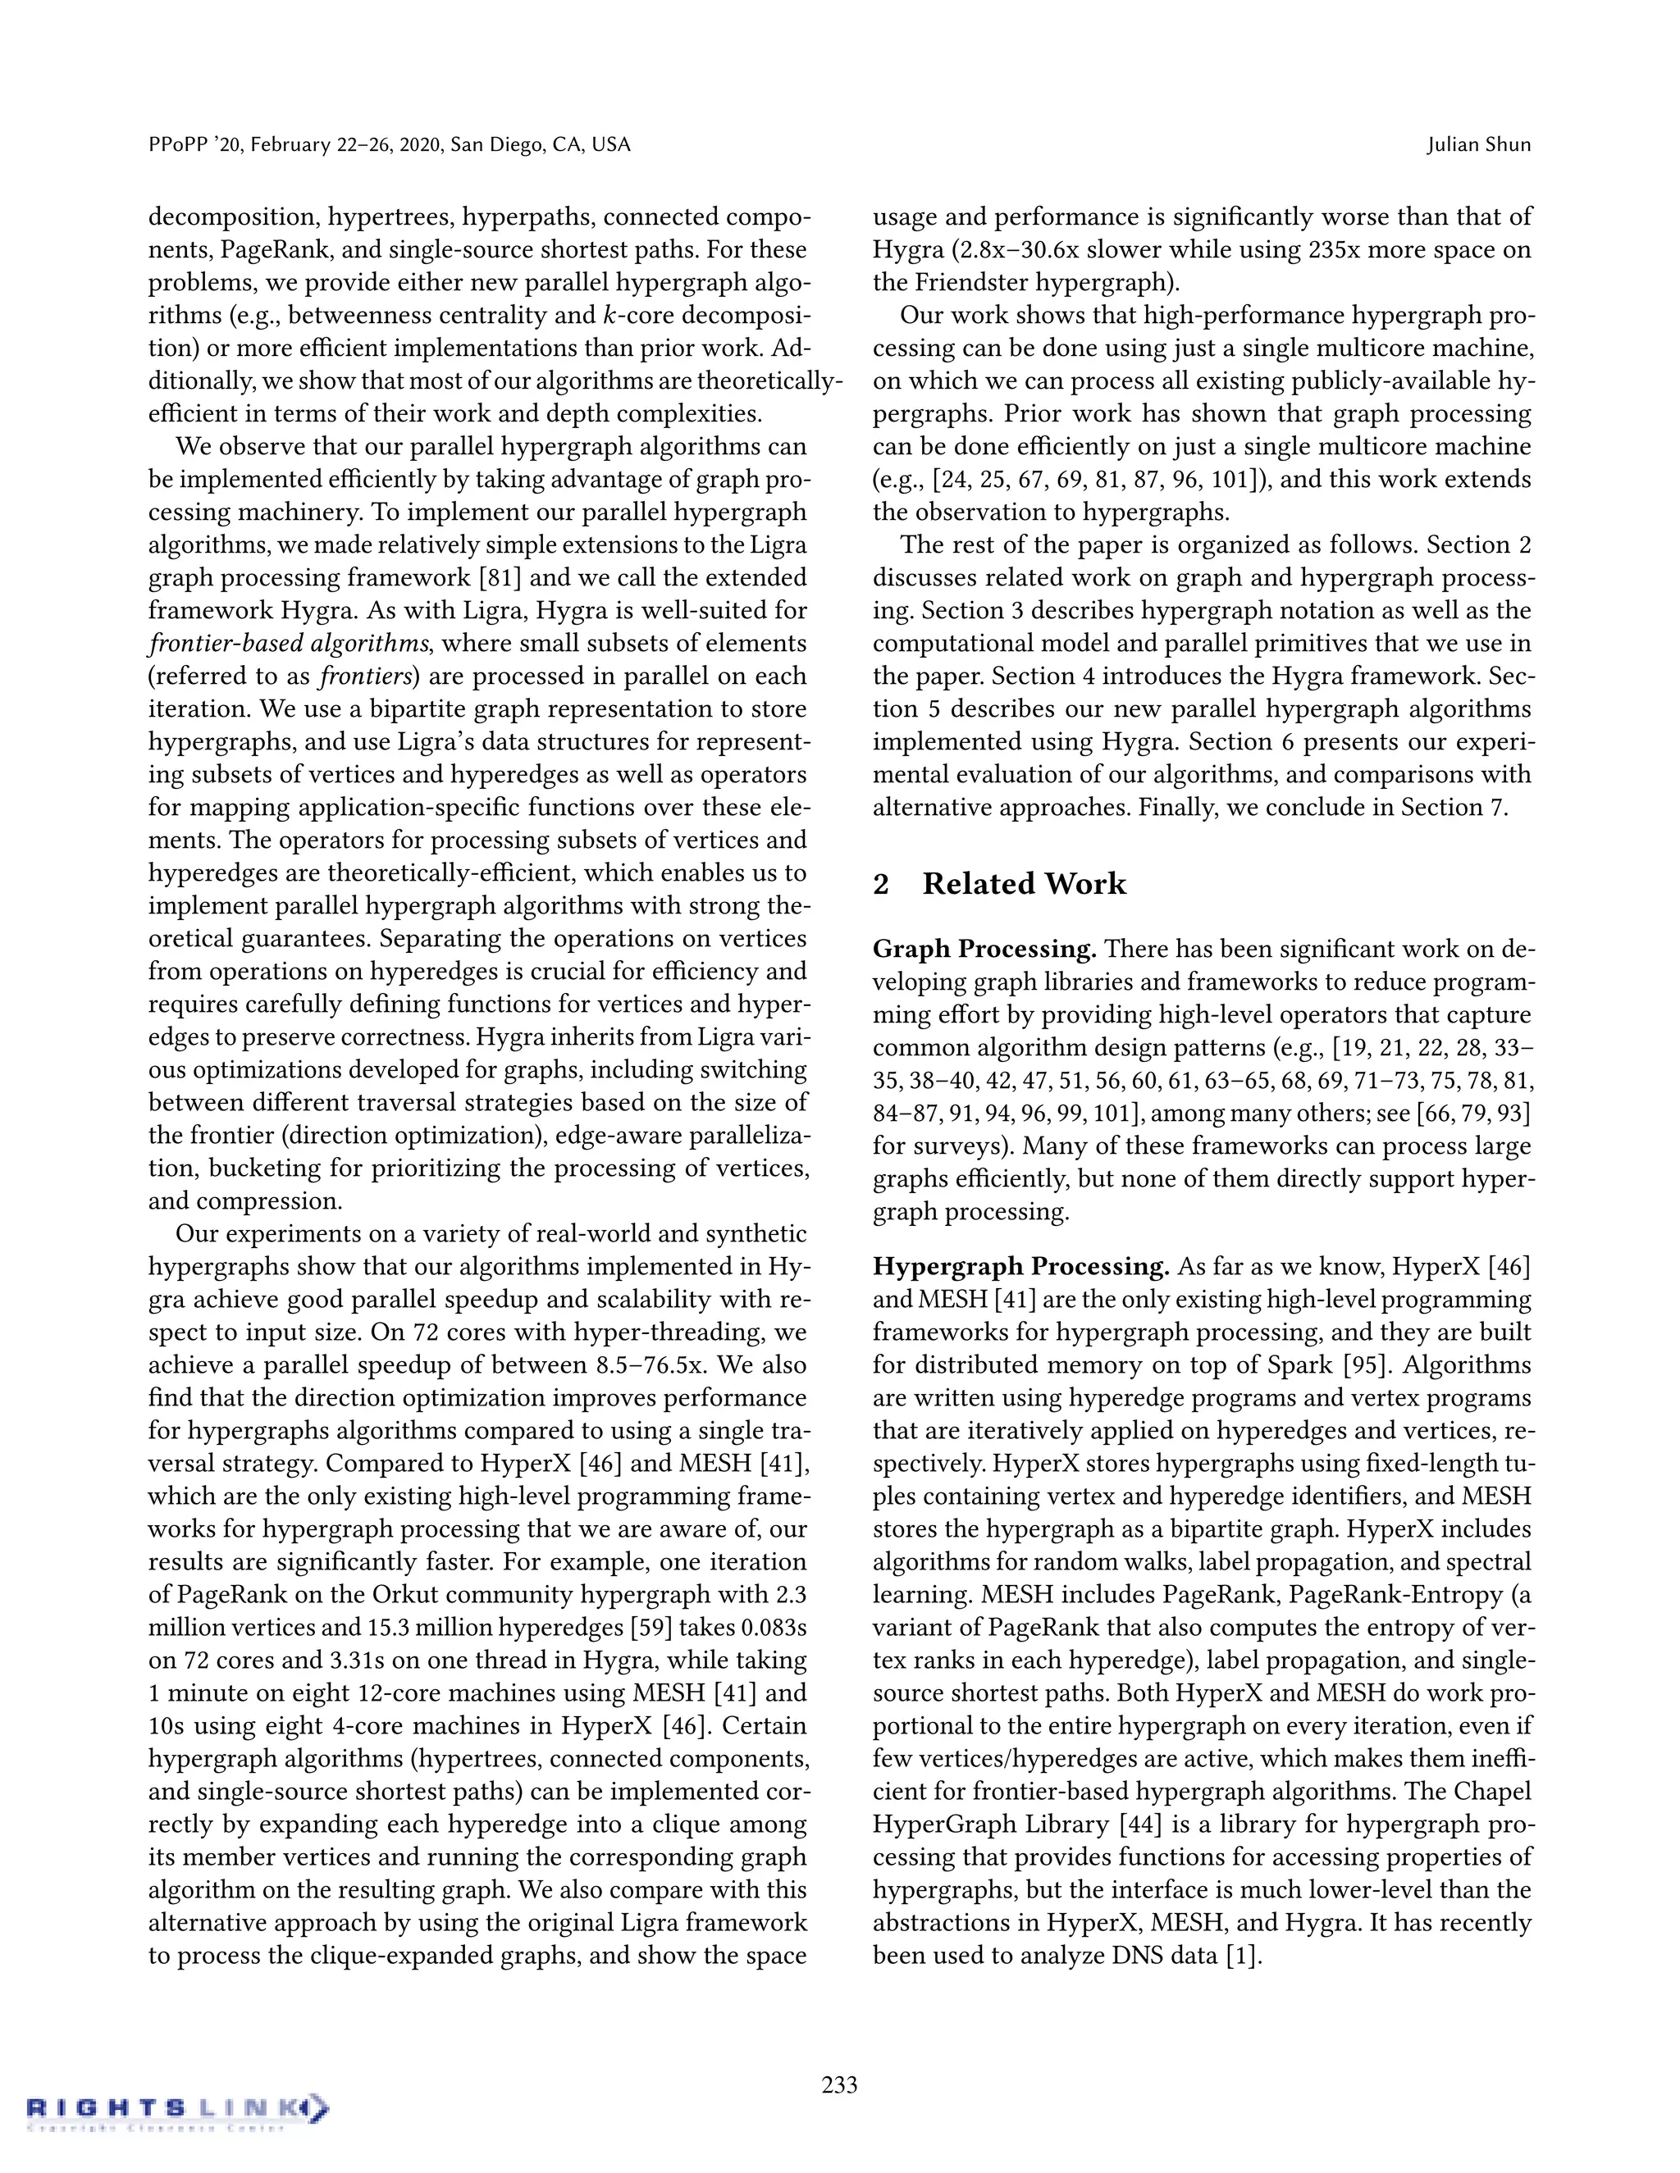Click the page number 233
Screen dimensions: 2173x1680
click(839, 2084)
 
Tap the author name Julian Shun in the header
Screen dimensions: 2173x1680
click(1478, 144)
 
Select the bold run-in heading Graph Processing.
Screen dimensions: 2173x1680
click(984, 950)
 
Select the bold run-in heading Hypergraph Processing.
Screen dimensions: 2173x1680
click(1020, 1267)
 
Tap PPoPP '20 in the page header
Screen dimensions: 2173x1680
click(189, 144)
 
